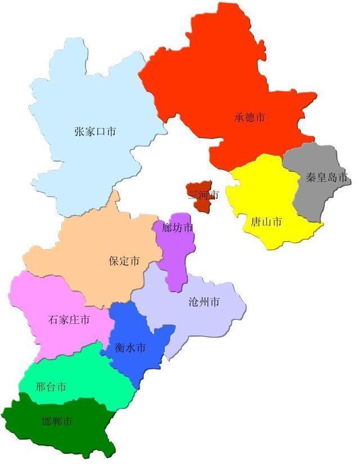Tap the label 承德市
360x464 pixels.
click(x=250, y=118)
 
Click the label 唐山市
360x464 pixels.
click(x=266, y=222)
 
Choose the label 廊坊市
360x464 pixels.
click(x=177, y=228)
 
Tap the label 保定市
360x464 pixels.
click(x=124, y=261)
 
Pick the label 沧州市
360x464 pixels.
click(x=204, y=302)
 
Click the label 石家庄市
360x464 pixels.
click(x=69, y=320)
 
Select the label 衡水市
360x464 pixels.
click(x=130, y=348)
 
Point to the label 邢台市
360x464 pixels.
click(x=51, y=387)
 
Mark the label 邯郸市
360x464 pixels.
click(x=57, y=421)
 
